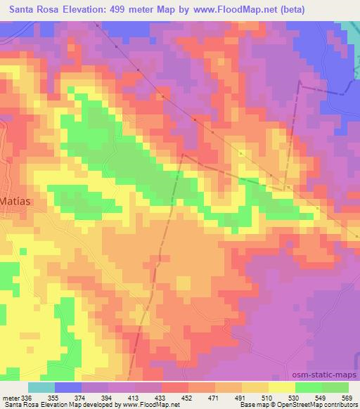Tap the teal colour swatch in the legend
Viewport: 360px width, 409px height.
(41, 387)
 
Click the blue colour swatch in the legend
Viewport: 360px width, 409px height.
(68, 387)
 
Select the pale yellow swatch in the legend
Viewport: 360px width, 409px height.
(282, 387)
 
